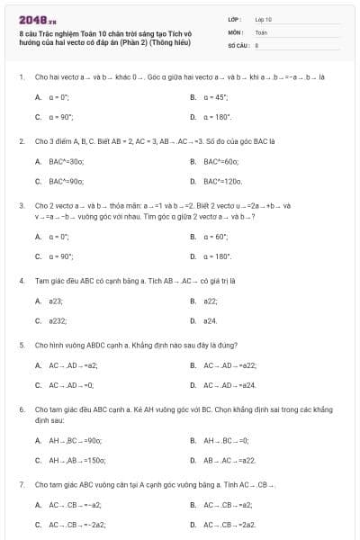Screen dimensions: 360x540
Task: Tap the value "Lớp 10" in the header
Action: click(264, 19)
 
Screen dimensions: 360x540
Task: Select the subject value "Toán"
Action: click(262, 31)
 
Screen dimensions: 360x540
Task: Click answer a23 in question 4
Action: click(56, 301)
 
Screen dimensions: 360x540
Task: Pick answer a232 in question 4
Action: click(58, 321)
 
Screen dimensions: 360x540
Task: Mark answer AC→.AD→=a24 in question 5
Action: click(229, 385)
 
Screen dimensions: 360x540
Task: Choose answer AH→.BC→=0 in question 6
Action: click(225, 440)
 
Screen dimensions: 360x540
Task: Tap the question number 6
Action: click(21, 409)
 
